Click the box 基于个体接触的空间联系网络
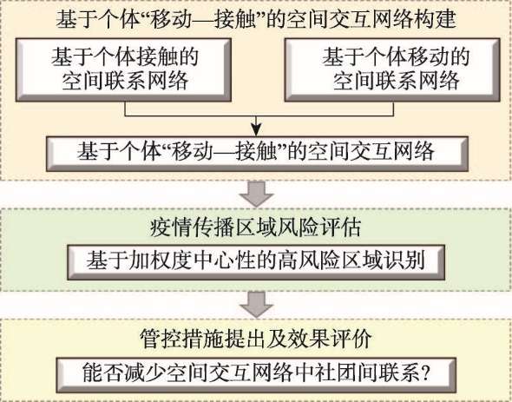(123, 69)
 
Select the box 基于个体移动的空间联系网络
(392, 69)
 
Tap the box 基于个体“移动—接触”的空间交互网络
(257, 154)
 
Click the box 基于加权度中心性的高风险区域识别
(256, 262)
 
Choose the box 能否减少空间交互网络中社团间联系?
(256, 375)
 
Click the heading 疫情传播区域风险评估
(256, 227)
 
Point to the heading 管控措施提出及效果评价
(256, 339)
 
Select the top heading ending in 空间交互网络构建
(256, 19)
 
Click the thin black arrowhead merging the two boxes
(256, 130)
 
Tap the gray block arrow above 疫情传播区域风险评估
(256, 194)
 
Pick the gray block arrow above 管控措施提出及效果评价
(256, 305)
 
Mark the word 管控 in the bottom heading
(161, 339)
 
